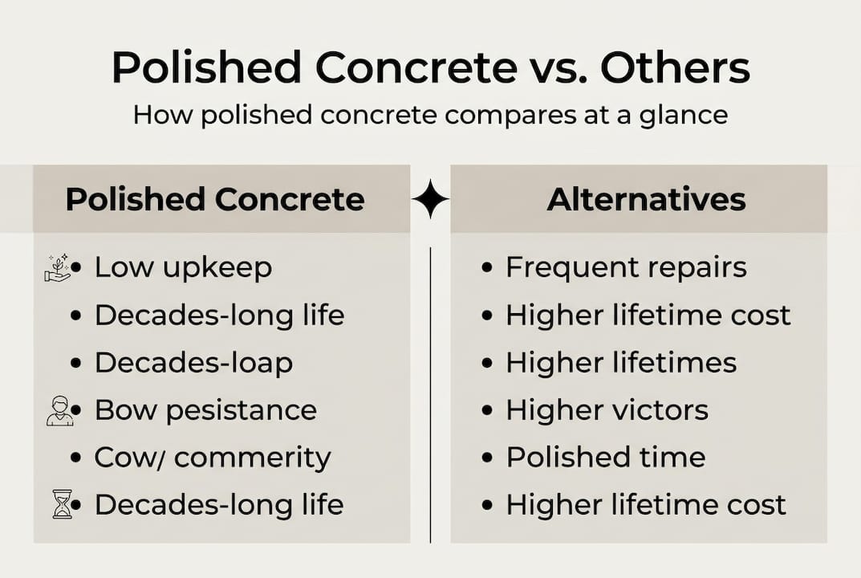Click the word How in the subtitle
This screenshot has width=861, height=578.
(x=163, y=114)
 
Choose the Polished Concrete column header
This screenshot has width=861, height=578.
(x=214, y=199)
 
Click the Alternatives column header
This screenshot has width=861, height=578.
(x=646, y=199)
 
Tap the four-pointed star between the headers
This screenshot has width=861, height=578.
(x=430, y=199)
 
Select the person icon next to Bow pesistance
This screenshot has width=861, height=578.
(x=59, y=411)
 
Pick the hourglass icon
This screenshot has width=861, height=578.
(x=61, y=505)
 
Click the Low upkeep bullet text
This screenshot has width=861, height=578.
(x=183, y=268)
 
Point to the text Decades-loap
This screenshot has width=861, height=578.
(x=193, y=363)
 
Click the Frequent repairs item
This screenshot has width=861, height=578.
(x=626, y=268)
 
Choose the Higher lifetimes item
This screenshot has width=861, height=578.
(x=621, y=363)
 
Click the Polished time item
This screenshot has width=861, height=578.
(x=606, y=458)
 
